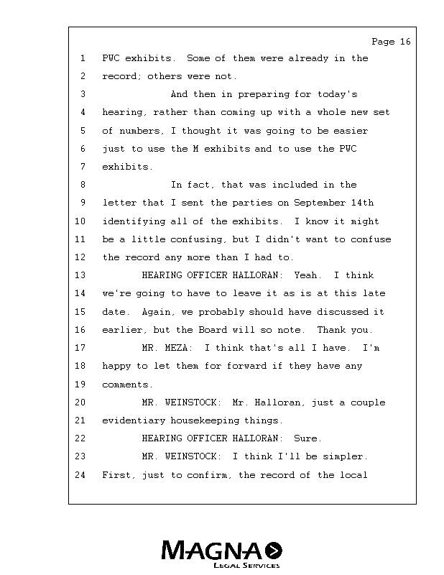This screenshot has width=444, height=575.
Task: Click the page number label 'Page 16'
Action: point(391,42)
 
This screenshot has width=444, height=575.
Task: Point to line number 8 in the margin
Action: point(83,185)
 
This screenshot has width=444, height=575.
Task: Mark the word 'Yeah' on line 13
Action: point(307,275)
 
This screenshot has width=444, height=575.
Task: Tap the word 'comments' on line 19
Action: point(127,385)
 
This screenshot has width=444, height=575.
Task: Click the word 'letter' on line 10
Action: point(119,203)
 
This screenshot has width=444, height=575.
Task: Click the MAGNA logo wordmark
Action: point(213,551)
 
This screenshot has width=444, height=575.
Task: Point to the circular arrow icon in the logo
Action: point(274,551)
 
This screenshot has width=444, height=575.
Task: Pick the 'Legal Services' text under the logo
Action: point(246,566)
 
